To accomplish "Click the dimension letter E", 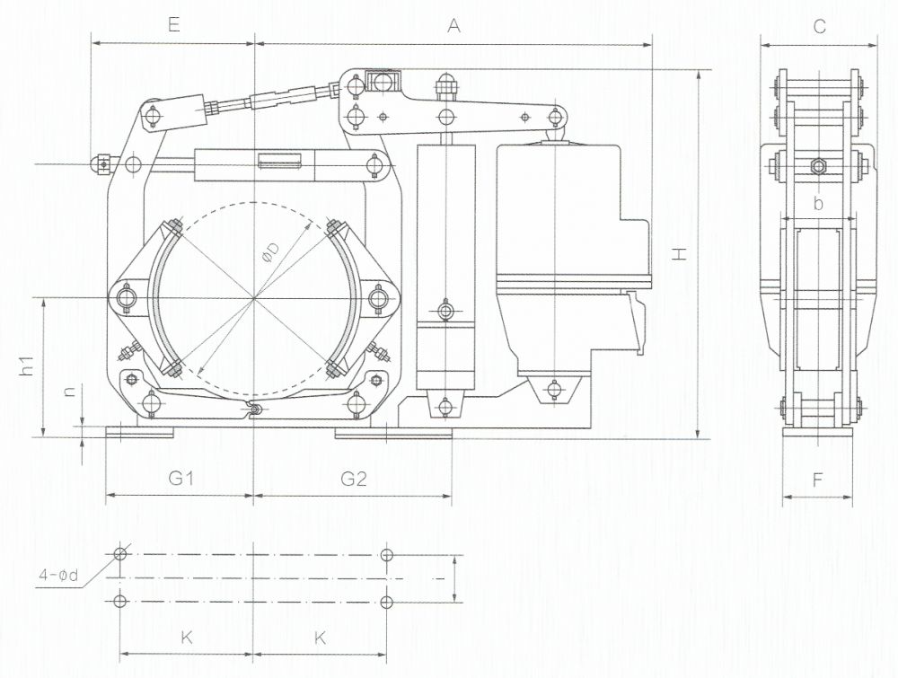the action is coord(174,25).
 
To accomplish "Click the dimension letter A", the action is coord(453,25).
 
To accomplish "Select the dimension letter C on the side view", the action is coord(820,26).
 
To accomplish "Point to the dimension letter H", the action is coord(679,253).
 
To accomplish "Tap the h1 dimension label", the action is coord(27,365).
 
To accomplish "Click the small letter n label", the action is coord(69,392).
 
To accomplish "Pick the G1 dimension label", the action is coord(180,478).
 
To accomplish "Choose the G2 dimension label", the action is coord(353,478).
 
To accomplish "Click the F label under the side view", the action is coord(817,480).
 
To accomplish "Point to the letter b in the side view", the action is coord(818,203).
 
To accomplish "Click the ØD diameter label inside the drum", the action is coord(271,252).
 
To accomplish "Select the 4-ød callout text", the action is coord(57,575).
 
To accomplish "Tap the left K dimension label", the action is coord(187,638).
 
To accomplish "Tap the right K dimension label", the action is coord(321,638).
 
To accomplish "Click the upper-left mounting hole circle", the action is coord(120,554).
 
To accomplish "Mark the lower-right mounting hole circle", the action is coord(387,602).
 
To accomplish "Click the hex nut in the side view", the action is coord(818,167).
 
